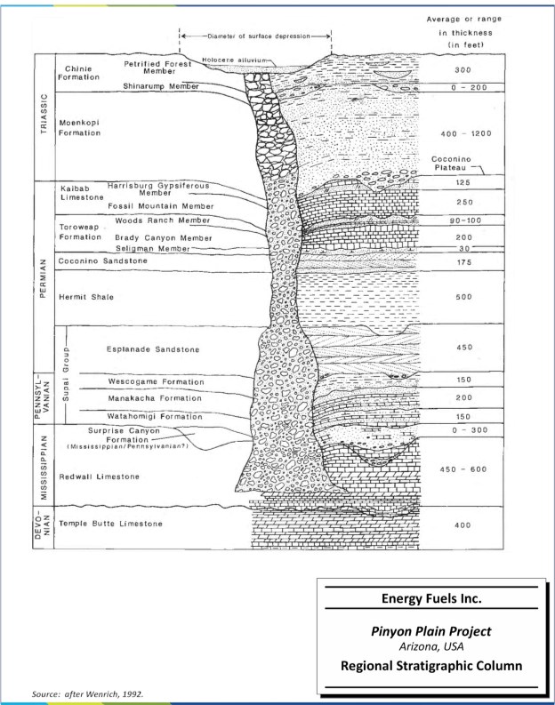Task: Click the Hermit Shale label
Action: [x=84, y=297]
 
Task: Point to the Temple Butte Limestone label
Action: [x=110, y=524]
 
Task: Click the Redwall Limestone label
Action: [x=99, y=477]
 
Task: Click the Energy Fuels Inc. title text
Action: [x=431, y=598]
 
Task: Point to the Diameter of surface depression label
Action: [x=256, y=36]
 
